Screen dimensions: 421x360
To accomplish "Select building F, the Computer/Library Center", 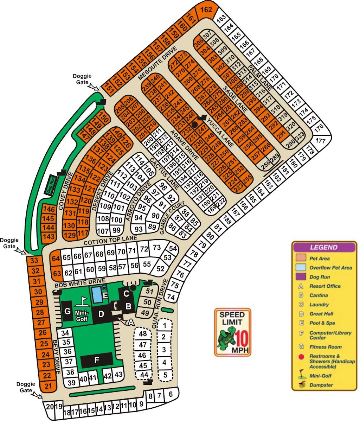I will click(x=97, y=360).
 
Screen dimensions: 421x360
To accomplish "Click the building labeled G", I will click(x=67, y=311).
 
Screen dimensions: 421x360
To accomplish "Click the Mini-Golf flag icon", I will click(x=83, y=301).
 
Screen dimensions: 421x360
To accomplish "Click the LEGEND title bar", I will click(x=323, y=247).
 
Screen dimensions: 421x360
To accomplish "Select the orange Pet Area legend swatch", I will click(x=301, y=259).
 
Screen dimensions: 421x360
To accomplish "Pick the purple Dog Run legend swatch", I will click(x=301, y=277).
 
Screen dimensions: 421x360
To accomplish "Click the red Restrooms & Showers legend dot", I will click(x=301, y=356).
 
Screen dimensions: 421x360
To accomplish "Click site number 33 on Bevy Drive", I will click(x=34, y=261).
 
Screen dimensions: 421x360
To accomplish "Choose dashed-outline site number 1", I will click(x=164, y=325).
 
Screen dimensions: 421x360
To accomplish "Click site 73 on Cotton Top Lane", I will click(x=157, y=248).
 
